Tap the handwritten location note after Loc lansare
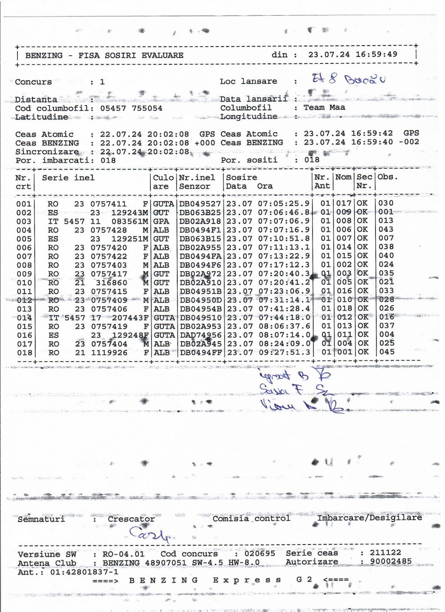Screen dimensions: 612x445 click(x=348, y=80)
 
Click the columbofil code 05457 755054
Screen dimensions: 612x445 click(x=131, y=108)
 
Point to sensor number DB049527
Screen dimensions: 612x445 click(x=200, y=203)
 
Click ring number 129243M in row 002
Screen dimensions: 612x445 click(x=130, y=213)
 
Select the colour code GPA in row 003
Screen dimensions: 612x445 click(x=161, y=221)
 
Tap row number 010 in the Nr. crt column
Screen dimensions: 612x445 click(x=24, y=283)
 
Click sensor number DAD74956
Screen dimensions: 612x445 click(x=200, y=335)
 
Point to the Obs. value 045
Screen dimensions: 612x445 click(x=386, y=352)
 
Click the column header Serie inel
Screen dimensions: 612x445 click(x=68, y=177)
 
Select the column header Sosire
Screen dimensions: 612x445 click(x=242, y=177)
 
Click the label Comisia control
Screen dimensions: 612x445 click(x=251, y=518)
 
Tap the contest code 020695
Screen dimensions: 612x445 click(x=259, y=554)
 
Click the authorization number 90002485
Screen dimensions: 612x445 click(x=391, y=562)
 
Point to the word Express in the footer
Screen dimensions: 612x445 click(x=247, y=580)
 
